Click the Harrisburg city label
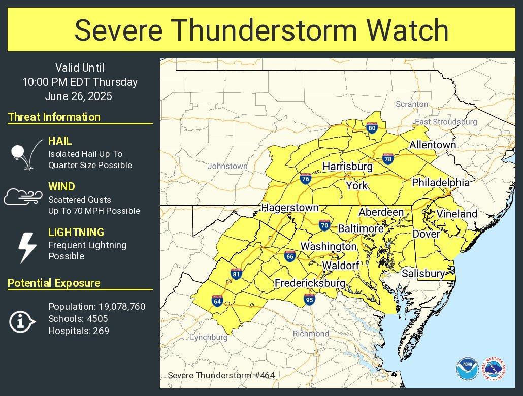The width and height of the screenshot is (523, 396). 347,167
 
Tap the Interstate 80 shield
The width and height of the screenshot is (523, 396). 372,128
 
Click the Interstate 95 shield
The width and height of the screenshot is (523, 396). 309,300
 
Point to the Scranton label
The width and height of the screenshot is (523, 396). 412,104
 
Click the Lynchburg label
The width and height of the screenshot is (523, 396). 209,337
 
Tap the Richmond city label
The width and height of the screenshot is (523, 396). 311,334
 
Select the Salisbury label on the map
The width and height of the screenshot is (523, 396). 423,274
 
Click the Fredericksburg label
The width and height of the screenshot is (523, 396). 310,283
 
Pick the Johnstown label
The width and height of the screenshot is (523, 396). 227,166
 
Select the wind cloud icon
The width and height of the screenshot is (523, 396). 22,197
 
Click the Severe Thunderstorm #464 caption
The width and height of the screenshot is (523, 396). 221,375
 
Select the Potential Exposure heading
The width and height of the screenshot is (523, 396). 54,283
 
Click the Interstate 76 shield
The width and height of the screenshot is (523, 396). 305,179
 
